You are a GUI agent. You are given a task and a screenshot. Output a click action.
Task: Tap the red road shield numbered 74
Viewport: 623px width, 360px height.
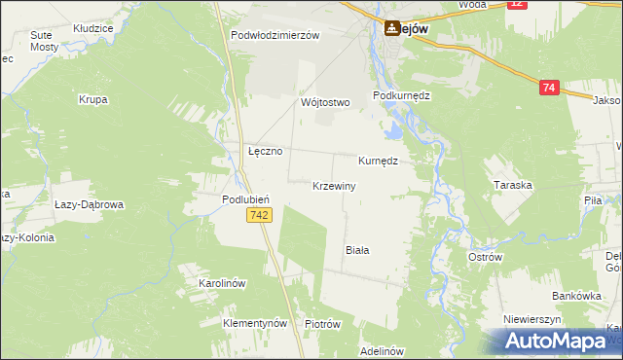(x=549, y=89)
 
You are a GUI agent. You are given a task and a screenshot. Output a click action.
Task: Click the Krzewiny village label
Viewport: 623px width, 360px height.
(x=334, y=186)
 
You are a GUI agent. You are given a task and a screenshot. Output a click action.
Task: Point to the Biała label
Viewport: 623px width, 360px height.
(x=358, y=250)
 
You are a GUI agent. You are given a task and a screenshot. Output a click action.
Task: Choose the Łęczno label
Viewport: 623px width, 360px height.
(x=265, y=152)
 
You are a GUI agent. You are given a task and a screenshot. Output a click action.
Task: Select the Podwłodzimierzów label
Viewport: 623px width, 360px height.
(x=275, y=35)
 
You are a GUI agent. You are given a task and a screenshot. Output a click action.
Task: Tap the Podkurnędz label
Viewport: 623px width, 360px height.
(x=401, y=96)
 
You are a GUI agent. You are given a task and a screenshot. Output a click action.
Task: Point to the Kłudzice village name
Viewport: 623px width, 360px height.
(x=92, y=29)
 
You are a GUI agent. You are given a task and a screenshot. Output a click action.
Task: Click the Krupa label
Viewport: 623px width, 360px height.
(x=94, y=99)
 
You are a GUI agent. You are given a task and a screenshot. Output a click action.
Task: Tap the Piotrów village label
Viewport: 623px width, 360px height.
(x=321, y=324)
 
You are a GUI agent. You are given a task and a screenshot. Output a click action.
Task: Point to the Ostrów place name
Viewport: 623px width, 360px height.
(x=485, y=257)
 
